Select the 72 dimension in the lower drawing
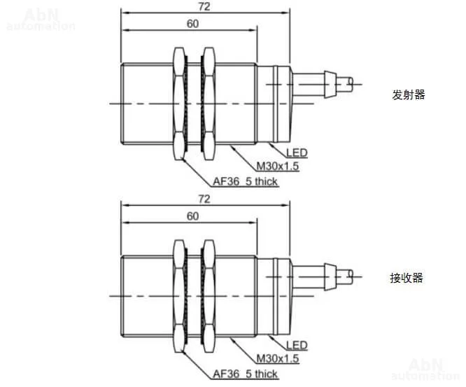pos(205,199)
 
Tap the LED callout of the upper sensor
pos(297,152)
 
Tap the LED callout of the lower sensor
pos(297,345)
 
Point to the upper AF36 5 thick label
pos(245,181)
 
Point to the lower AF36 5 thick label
pos(245,374)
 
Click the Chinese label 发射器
pos(409,95)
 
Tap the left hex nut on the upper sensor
pos(178,103)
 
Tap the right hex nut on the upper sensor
pos(208,103)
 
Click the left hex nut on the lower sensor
pos(178,295)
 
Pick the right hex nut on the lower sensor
pos(208,295)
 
